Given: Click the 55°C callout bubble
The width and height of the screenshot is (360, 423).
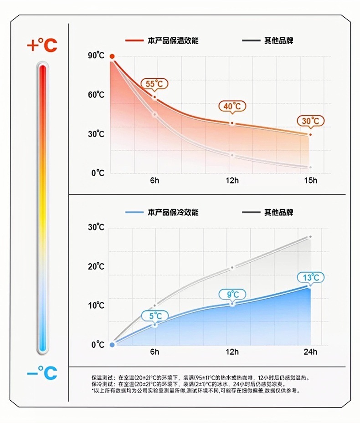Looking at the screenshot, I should pyautogui.click(x=154, y=84).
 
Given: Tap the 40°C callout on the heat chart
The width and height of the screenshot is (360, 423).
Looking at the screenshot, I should pyautogui.click(x=232, y=107).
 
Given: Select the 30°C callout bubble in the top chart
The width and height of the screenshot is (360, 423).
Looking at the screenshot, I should pyautogui.click(x=311, y=121).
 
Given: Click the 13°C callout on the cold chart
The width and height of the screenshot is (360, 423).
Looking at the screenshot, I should pyautogui.click(x=311, y=278).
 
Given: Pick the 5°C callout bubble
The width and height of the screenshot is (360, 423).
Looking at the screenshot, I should pyautogui.click(x=155, y=316).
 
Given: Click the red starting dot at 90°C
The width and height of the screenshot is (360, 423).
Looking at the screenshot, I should pyautogui.click(x=112, y=56).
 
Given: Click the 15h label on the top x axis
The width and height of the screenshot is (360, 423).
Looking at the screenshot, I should pyautogui.click(x=311, y=180).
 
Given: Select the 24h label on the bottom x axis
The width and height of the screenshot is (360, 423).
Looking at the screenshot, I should pyautogui.click(x=311, y=352).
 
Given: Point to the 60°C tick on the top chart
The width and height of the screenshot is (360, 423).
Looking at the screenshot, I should pyautogui.click(x=96, y=95).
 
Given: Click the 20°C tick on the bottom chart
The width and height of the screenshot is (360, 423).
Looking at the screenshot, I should pyautogui.click(x=96, y=266).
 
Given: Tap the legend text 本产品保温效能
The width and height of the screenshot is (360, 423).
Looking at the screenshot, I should pyautogui.click(x=173, y=41).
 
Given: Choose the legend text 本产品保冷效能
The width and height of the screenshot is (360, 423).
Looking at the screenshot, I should pyautogui.click(x=173, y=213).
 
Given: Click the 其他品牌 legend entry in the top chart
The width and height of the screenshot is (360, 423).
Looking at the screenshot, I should pyautogui.click(x=278, y=41).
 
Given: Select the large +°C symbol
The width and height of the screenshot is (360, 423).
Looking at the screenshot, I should pyautogui.click(x=42, y=45).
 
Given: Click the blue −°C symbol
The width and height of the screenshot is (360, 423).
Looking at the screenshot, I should pyautogui.click(x=42, y=373).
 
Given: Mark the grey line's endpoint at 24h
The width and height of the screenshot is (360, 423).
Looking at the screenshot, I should pyautogui.click(x=310, y=237).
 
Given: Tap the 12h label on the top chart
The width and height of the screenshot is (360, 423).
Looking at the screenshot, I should pyautogui.click(x=232, y=180).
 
